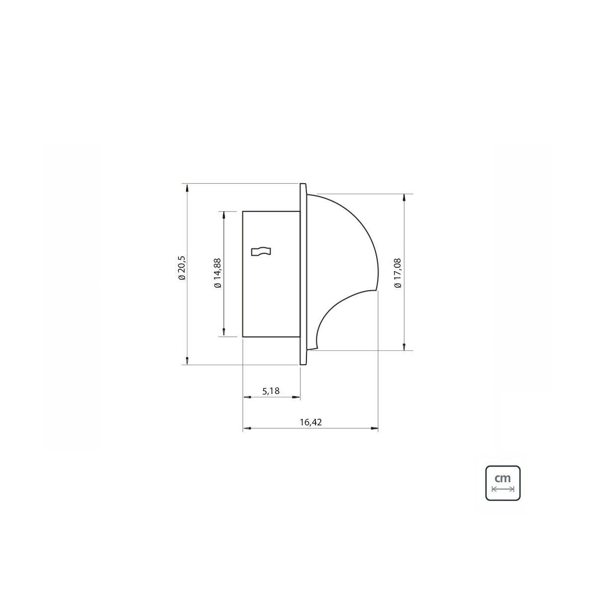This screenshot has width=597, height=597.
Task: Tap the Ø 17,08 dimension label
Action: click(398, 273)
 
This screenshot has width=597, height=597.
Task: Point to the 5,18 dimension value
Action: click(271, 392)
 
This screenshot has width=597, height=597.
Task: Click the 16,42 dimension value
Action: click(310, 422)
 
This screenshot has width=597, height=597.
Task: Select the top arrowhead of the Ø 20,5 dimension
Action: click(187, 188)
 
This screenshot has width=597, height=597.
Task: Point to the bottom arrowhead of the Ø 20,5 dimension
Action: click(187, 361)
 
